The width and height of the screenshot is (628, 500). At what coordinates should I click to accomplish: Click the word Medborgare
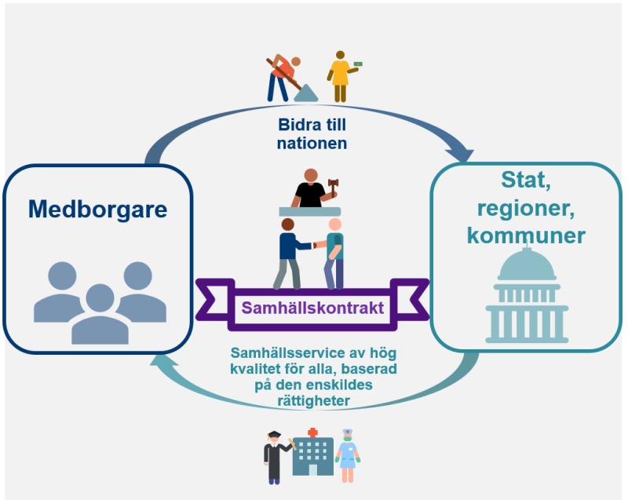pos(99,210)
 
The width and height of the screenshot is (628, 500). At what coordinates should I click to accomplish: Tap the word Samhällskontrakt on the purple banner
pos(313,308)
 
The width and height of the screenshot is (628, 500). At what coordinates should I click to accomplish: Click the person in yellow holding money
pos(340,76)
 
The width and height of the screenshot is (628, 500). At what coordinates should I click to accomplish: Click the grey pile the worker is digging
pos(305,93)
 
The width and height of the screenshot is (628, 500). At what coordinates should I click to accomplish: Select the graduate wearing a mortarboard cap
pos(276,456)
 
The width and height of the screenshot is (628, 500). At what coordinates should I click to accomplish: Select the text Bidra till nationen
pos(313,134)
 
